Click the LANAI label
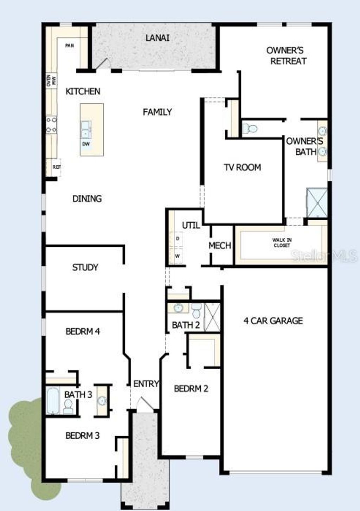(157, 38)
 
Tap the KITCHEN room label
(83, 91)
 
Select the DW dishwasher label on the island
(86, 144)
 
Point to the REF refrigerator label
(56, 167)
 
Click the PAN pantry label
(70, 45)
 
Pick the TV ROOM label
(242, 167)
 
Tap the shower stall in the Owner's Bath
(316, 203)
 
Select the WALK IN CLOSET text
(282, 242)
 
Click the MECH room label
(220, 245)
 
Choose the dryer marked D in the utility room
(178, 239)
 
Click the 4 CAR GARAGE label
(273, 321)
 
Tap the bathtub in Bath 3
(53, 400)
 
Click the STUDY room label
(85, 267)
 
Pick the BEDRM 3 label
(83, 436)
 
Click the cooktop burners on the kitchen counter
(52, 125)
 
